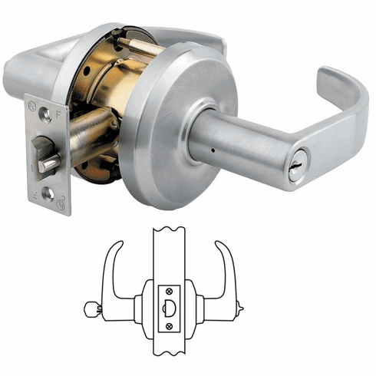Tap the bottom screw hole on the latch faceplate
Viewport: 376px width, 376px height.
point(48,194)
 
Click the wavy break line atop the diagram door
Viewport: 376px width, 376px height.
point(170,228)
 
